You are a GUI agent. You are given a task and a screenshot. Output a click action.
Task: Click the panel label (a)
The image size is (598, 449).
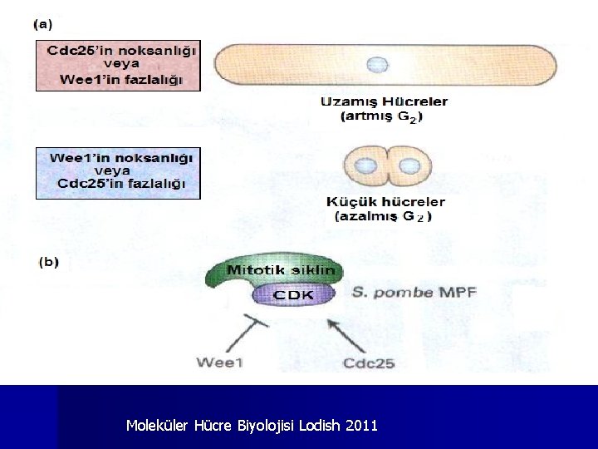point(42,24)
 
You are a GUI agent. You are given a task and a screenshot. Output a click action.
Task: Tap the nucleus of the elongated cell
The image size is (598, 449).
point(378,64)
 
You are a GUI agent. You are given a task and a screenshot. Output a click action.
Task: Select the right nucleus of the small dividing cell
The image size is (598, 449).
point(409,166)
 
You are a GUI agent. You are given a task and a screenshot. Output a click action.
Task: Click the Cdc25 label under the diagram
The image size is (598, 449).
point(369,362)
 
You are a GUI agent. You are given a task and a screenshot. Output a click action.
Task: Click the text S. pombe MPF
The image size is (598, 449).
point(413,292)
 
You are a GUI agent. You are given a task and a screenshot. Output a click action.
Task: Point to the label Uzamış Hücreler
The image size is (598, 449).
point(384,102)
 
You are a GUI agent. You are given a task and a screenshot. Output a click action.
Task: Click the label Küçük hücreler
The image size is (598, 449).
point(385,202)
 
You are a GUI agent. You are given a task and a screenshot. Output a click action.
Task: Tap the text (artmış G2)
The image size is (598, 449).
point(381,117)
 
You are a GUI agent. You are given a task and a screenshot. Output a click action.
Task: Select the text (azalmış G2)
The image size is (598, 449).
point(383,216)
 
